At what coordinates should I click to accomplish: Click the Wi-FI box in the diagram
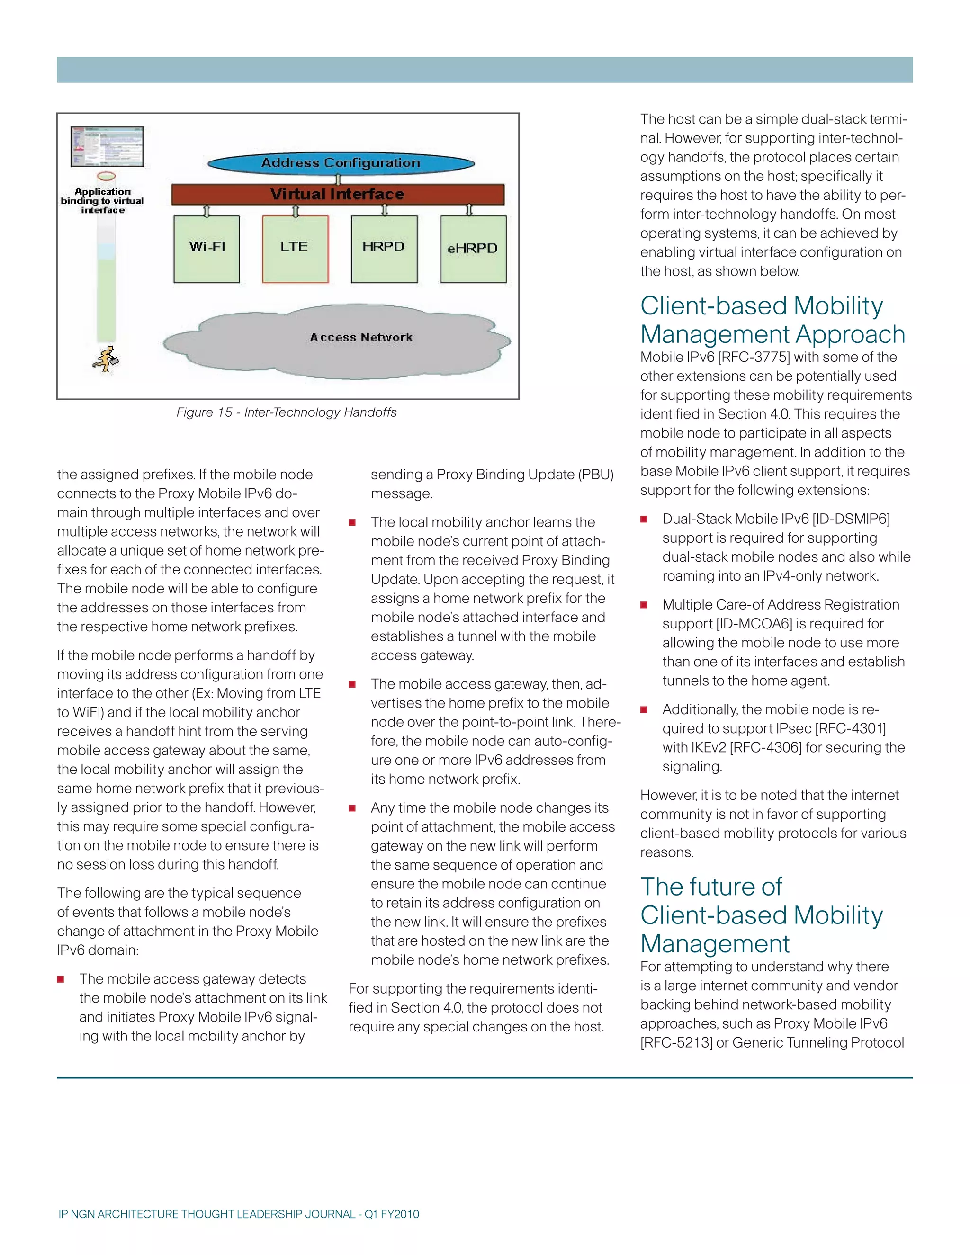207,249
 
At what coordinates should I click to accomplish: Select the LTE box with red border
295,249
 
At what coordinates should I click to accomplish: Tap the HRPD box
384,249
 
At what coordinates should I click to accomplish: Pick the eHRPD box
473,249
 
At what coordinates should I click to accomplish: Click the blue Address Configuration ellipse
341,163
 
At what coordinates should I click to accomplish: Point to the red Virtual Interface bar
337,194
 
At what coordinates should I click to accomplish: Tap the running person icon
106,359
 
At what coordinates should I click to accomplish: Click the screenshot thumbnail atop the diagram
108,146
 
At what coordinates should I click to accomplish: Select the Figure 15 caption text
286,412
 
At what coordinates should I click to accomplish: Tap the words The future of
711,887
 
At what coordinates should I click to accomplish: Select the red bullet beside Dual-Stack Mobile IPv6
644,520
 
